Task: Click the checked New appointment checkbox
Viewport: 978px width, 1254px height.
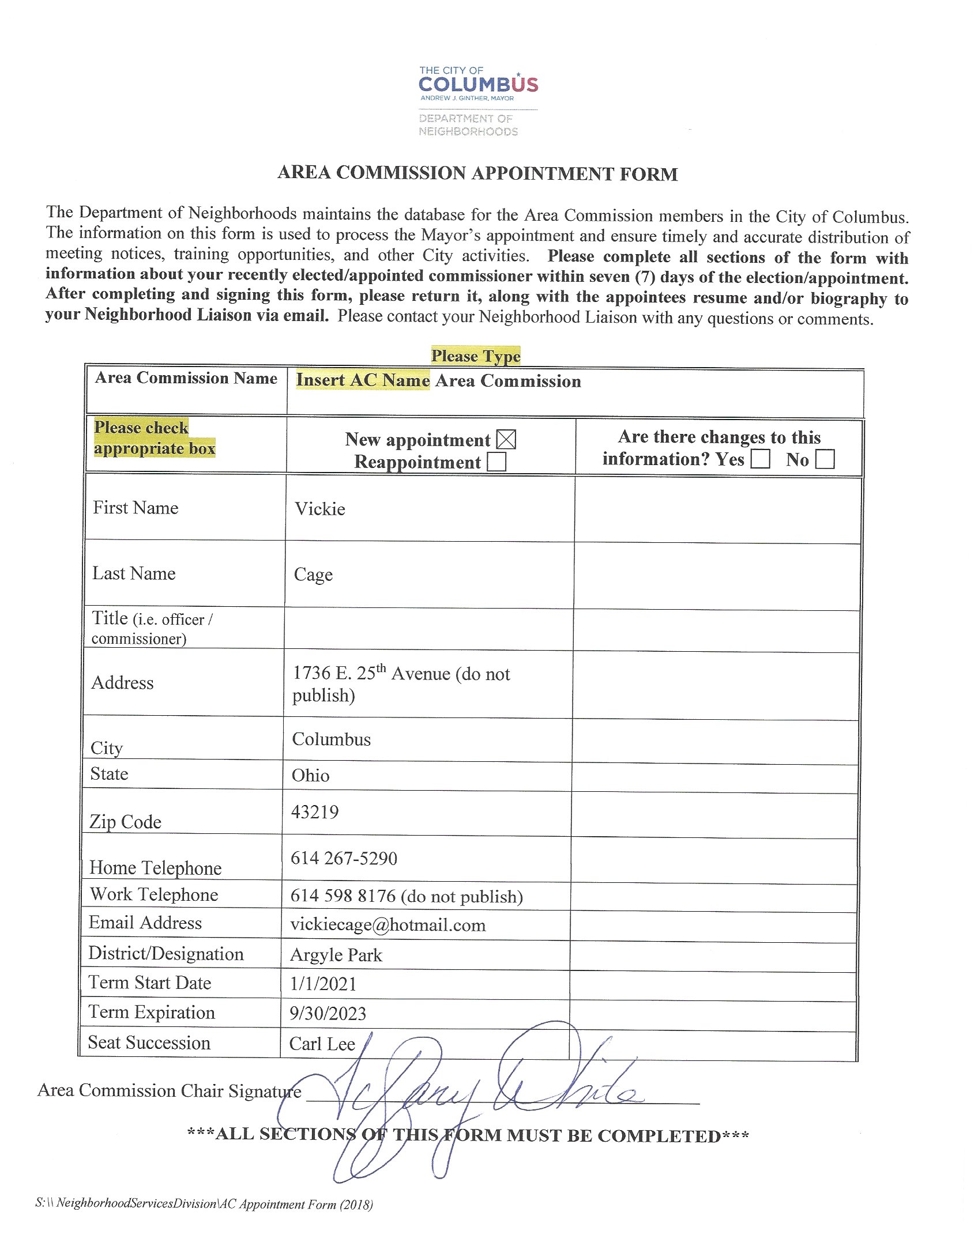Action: pos(506,440)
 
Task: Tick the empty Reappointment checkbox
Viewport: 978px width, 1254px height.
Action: pos(496,462)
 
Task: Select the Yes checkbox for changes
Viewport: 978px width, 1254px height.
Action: pos(760,459)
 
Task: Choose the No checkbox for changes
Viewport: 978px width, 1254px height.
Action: pos(825,459)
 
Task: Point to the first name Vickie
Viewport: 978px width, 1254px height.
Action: pos(320,509)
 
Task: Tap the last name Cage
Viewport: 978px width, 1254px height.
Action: pos(313,575)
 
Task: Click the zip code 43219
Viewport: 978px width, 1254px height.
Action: pos(315,812)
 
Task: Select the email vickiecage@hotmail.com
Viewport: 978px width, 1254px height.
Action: pos(388,925)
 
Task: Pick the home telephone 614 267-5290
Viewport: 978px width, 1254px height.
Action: pos(344,858)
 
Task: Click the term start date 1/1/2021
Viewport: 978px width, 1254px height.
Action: pos(323,984)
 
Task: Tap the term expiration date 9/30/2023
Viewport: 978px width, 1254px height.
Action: pos(328,1014)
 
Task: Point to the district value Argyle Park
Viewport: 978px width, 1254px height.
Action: pos(336,955)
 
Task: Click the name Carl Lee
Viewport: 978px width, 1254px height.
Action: pos(322,1044)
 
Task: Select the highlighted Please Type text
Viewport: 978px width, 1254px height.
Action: pos(476,356)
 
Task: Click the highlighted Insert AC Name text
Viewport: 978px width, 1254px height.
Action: pos(363,380)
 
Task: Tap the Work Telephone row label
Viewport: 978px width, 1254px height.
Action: pos(154,894)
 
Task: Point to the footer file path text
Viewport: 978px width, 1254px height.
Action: pos(204,1204)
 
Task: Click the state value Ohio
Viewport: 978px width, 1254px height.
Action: pos(310,776)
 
